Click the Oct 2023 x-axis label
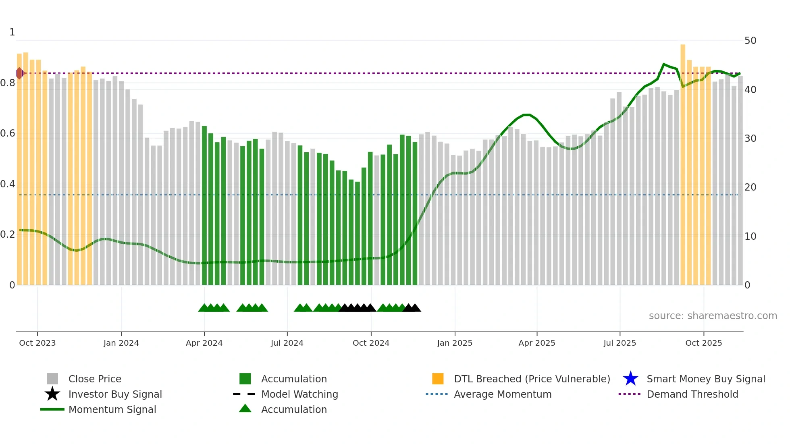[x=37, y=343]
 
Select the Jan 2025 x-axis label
[x=455, y=343]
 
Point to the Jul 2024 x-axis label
[x=287, y=343]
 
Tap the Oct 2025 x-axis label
[x=704, y=343]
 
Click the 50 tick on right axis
[x=750, y=41]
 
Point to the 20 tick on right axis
[x=750, y=187]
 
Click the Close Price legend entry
[x=95, y=379]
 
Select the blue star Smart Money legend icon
[x=630, y=379]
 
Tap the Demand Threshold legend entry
[x=692, y=394]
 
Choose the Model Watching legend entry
[x=299, y=394]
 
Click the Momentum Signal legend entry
[x=112, y=410]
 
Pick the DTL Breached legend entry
[x=532, y=379]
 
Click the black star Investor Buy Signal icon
[x=52, y=394]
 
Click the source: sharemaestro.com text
[x=713, y=316]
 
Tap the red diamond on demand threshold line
[x=19, y=73]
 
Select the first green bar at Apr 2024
[x=204, y=205]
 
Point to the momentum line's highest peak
[x=663, y=64]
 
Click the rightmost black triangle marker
[x=416, y=308]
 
